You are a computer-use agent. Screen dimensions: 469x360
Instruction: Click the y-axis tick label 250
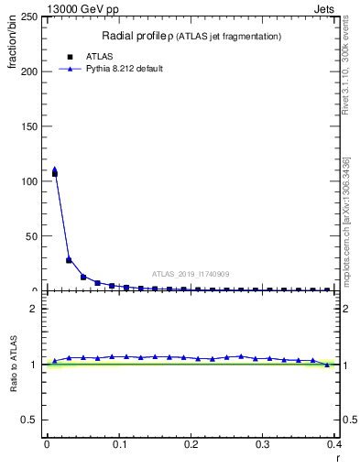click(x=30, y=17)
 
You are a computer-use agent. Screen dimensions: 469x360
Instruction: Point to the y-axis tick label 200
click(x=30, y=71)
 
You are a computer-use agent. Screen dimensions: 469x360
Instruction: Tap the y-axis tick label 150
click(x=30, y=126)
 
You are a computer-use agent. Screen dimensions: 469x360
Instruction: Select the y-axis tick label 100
click(x=30, y=181)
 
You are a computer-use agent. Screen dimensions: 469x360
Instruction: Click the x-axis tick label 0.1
click(x=118, y=444)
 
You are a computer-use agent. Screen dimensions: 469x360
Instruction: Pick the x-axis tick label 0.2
click(x=191, y=444)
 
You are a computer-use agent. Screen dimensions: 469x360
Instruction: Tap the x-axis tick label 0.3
click(x=263, y=444)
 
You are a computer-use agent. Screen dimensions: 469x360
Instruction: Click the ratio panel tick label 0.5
click(x=33, y=420)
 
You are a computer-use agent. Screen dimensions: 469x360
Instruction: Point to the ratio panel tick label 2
click(x=38, y=309)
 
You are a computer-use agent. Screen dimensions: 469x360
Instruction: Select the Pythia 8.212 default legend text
click(x=125, y=69)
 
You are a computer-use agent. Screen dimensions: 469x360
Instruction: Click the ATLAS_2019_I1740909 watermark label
click(x=191, y=274)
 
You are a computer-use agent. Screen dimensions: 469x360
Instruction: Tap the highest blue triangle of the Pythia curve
click(x=54, y=169)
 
